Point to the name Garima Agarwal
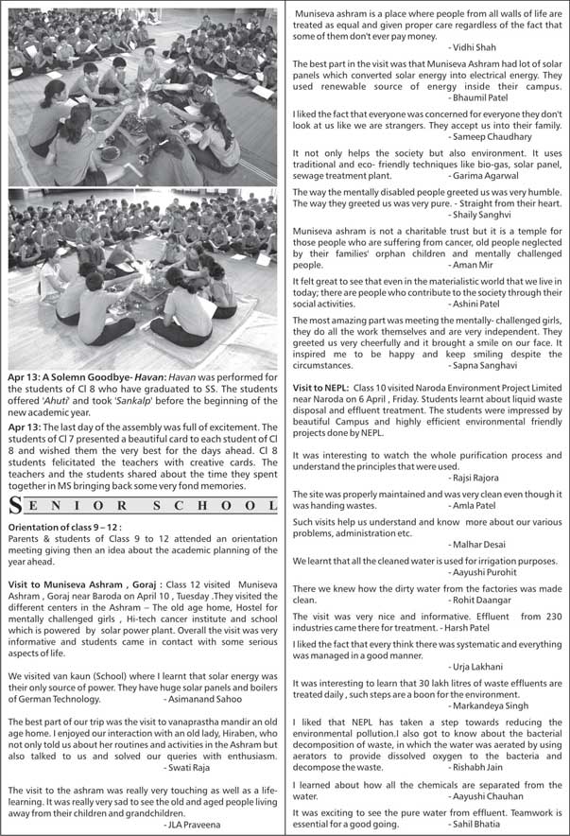click(484, 176)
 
